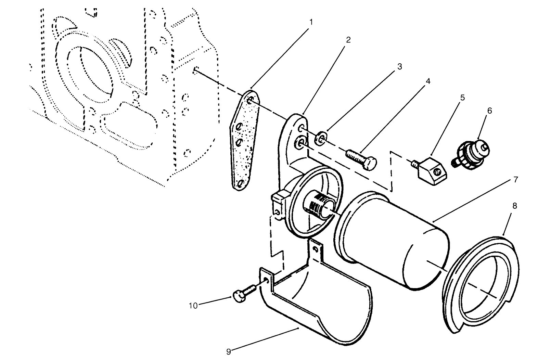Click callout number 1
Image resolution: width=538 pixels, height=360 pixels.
(x=311, y=22)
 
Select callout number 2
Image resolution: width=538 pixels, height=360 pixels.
(x=348, y=40)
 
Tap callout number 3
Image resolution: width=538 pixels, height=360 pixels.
(x=399, y=66)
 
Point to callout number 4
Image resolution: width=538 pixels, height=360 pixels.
(x=428, y=81)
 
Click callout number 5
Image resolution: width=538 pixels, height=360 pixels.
(x=462, y=98)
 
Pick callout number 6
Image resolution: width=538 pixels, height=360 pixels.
(x=489, y=111)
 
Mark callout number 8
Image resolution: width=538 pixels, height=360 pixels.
(x=514, y=206)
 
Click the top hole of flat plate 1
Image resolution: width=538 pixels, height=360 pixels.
(x=251, y=100)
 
